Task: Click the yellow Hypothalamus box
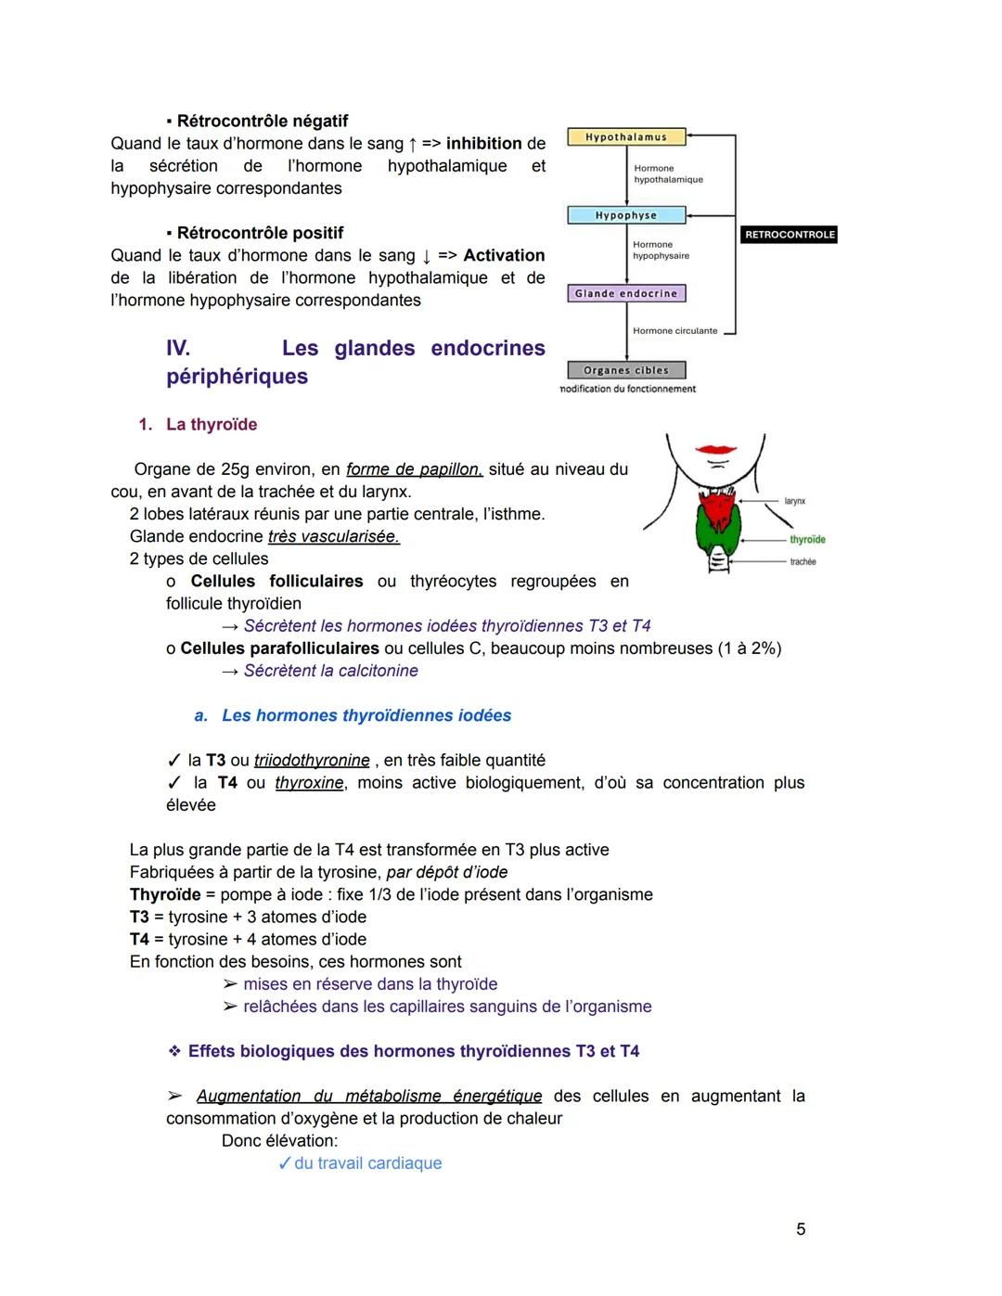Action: [626, 137]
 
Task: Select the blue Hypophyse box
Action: [626, 215]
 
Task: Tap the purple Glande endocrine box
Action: [626, 293]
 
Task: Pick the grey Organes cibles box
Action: [626, 370]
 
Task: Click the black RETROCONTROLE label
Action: [790, 235]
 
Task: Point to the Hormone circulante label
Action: [674, 331]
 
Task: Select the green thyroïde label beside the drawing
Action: [807, 540]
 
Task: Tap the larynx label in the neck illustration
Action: [795, 501]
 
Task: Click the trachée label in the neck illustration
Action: [803, 562]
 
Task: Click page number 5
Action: [801, 1229]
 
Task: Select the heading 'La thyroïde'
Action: [211, 425]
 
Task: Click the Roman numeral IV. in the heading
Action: [178, 349]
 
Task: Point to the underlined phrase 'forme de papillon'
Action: [414, 469]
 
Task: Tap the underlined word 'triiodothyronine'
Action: [312, 761]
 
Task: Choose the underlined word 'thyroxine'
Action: [309, 783]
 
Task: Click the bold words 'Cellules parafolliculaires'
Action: [279, 648]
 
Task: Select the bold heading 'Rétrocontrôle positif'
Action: [260, 233]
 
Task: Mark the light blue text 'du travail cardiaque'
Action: [367, 1163]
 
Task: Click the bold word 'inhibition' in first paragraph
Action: [483, 144]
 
